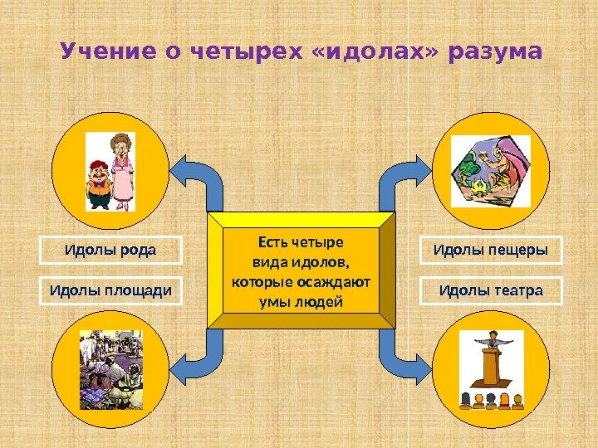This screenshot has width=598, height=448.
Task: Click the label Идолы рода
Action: (112, 250)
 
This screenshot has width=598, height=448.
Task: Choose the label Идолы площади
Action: (112, 291)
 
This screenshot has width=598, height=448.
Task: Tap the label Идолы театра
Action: (491, 291)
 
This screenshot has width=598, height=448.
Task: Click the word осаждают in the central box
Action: (338, 282)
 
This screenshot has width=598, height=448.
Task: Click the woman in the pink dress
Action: (123, 170)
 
